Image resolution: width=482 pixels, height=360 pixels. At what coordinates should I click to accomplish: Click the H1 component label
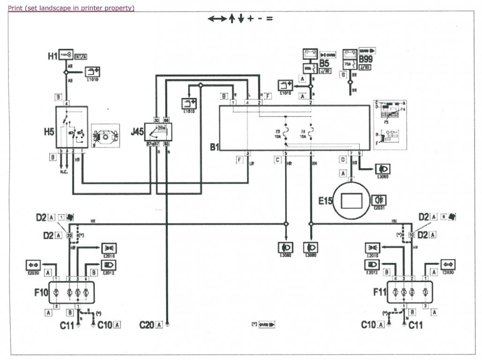coord(52,56)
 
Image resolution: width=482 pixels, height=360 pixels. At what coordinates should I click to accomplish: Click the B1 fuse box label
coord(214,147)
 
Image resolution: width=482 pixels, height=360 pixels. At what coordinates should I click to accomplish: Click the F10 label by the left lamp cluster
coord(41,292)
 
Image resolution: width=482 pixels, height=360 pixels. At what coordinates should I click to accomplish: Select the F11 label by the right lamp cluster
coord(380,292)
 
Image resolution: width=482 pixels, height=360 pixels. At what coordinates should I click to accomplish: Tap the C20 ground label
coord(147,324)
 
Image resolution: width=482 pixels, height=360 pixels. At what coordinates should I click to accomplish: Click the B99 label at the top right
coord(366,60)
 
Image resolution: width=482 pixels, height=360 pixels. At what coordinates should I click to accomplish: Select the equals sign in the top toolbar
coord(269,19)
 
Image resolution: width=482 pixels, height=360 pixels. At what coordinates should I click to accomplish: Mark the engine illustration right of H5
coord(106,136)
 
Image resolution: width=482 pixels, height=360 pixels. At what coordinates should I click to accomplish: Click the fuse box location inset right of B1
coord(390,124)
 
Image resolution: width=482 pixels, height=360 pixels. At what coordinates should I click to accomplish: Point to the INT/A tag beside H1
coord(81,57)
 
